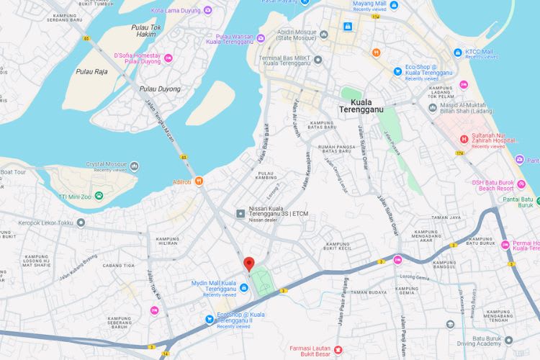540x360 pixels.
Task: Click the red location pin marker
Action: coord(248,264)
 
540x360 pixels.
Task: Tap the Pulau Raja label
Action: coord(91,71)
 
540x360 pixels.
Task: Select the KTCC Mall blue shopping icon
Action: coord(458,53)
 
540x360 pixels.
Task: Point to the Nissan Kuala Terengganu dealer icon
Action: coord(241,213)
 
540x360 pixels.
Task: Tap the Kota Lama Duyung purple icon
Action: coord(207,10)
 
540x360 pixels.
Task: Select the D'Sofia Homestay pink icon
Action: coord(168,58)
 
